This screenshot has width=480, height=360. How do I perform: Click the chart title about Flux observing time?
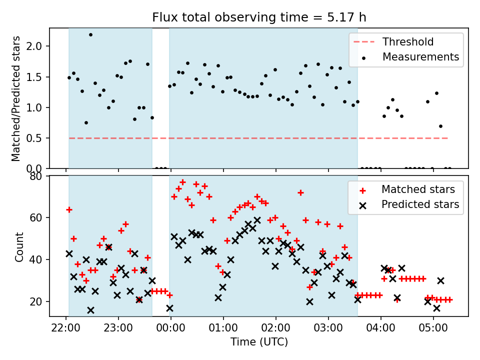pyautogui.click(x=259, y=17)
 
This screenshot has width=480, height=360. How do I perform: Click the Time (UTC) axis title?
pyautogui.click(x=259, y=342)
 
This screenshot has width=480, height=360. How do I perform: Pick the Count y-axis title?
pyautogui.click(x=19, y=246)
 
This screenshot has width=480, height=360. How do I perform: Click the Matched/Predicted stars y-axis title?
pyautogui.click(x=16, y=98)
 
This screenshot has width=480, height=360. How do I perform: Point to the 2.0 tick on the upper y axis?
pyautogui.click(x=36, y=46)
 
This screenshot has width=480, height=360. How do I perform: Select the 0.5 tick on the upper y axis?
pyautogui.click(x=36, y=138)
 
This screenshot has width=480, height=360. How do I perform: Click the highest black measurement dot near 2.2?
pyautogui.click(x=90, y=35)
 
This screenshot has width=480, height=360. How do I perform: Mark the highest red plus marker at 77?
pyautogui.click(x=182, y=182)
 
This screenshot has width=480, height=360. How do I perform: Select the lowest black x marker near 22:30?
pyautogui.click(x=90, y=310)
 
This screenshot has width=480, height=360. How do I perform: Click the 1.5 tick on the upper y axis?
pyautogui.click(x=36, y=77)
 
